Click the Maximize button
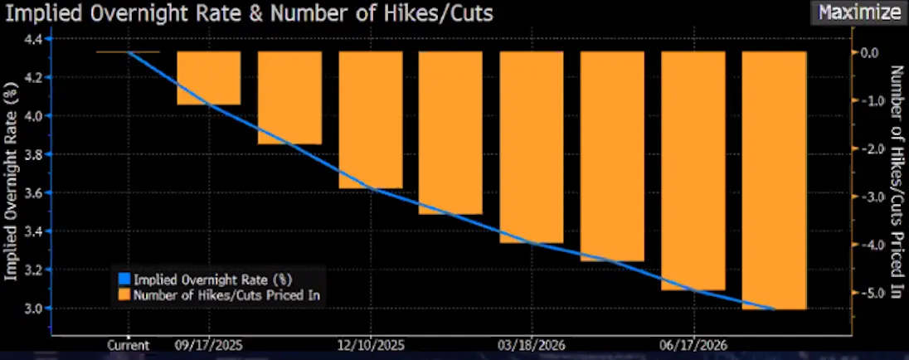858,12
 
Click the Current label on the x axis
129,344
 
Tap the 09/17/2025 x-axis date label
208,344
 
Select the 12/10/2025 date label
370,344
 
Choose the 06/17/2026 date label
693,344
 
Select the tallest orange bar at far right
774,180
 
